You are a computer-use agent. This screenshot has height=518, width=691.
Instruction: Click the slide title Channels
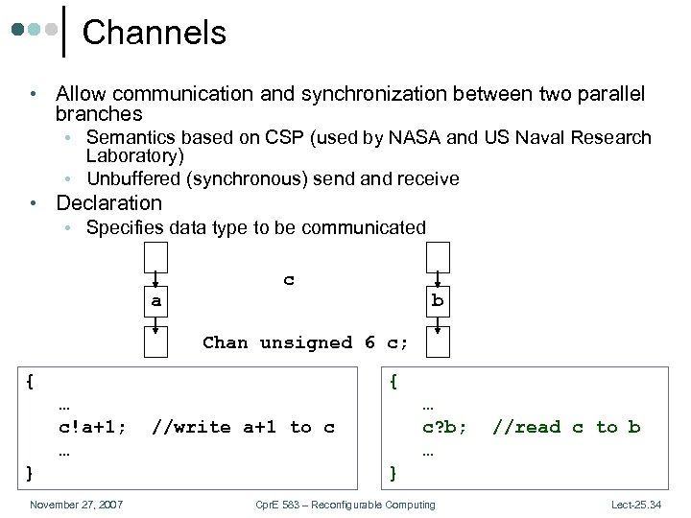pyautogui.click(x=155, y=33)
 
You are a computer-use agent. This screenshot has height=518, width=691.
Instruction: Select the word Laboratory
pyautogui.click(x=134, y=155)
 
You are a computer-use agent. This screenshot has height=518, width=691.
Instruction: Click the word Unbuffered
pyautogui.click(x=134, y=178)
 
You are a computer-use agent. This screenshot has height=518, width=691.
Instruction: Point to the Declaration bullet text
pyautogui.click(x=108, y=203)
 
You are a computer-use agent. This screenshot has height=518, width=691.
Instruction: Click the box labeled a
pyautogui.click(x=155, y=301)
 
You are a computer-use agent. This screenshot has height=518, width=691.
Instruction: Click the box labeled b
pyautogui.click(x=438, y=301)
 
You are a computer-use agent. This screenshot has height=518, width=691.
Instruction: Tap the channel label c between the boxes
pyautogui.click(x=289, y=280)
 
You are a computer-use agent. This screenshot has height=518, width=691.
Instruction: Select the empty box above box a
pyautogui.click(x=155, y=259)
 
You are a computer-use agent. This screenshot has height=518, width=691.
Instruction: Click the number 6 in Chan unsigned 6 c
pyautogui.click(x=369, y=342)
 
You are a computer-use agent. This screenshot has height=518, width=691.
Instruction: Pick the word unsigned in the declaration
pyautogui.click(x=307, y=342)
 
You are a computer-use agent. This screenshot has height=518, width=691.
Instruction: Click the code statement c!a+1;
pyautogui.click(x=92, y=428)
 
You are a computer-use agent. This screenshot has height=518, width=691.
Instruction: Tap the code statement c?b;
pyautogui.click(x=444, y=428)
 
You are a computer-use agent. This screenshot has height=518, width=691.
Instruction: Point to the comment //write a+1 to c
pyautogui.click(x=243, y=428)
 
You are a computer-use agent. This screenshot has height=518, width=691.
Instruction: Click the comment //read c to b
pyautogui.click(x=565, y=428)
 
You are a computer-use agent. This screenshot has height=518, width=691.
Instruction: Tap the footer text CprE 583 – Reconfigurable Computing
pyautogui.click(x=345, y=505)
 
